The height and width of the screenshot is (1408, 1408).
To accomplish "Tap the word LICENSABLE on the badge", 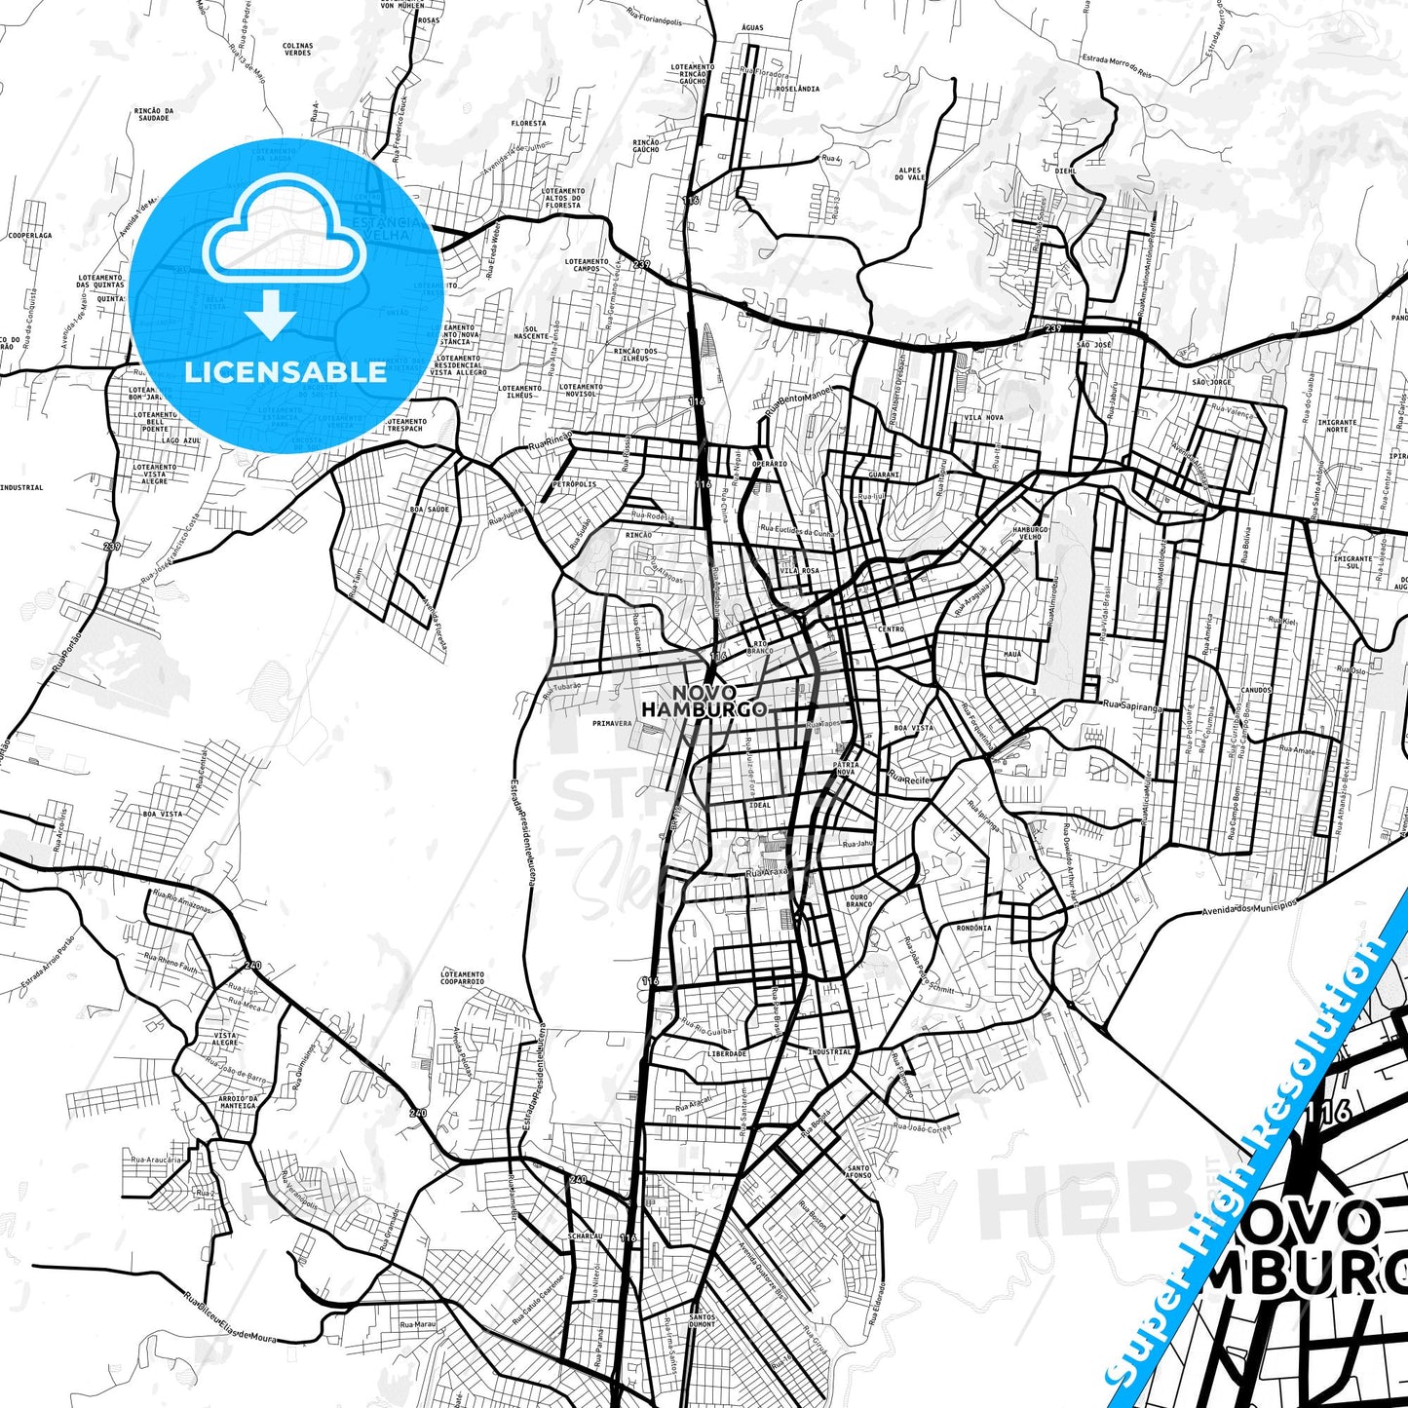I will coord(285,371).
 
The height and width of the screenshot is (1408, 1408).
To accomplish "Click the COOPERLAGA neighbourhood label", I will coord(29,235).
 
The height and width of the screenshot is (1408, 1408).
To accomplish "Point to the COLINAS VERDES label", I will coord(297,49).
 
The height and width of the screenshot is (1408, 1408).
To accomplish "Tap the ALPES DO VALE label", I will coord(909,173).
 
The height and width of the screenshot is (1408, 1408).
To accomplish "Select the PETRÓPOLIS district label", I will coord(573,483).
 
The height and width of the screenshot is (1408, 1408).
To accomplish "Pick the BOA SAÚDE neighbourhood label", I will coord(430,510).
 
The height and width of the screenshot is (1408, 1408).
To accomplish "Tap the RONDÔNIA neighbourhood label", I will coord(973,928).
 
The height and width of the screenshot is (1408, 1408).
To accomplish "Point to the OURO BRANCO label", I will coord(859,900).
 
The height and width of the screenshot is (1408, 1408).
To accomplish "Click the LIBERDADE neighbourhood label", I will coord(728,1053).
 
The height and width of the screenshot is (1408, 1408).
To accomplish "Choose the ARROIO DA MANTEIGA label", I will coord(238,1102).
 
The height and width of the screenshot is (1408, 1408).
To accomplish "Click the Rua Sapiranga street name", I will coord(1132,704).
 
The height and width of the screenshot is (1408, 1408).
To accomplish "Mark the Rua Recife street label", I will coord(910,780).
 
